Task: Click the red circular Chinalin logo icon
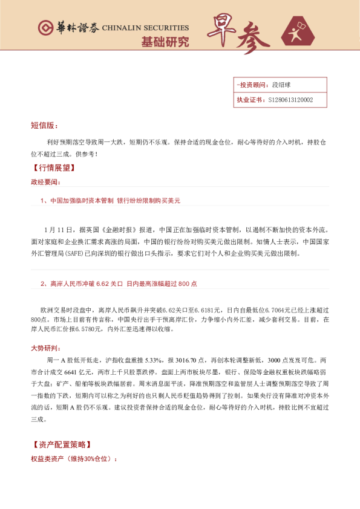click(x=45, y=28)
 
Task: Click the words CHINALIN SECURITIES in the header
click(x=145, y=28)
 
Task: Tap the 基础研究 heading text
click(x=165, y=42)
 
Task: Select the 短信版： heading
click(x=44, y=126)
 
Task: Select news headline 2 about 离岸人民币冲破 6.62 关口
click(x=119, y=284)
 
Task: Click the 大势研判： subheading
click(x=45, y=349)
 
